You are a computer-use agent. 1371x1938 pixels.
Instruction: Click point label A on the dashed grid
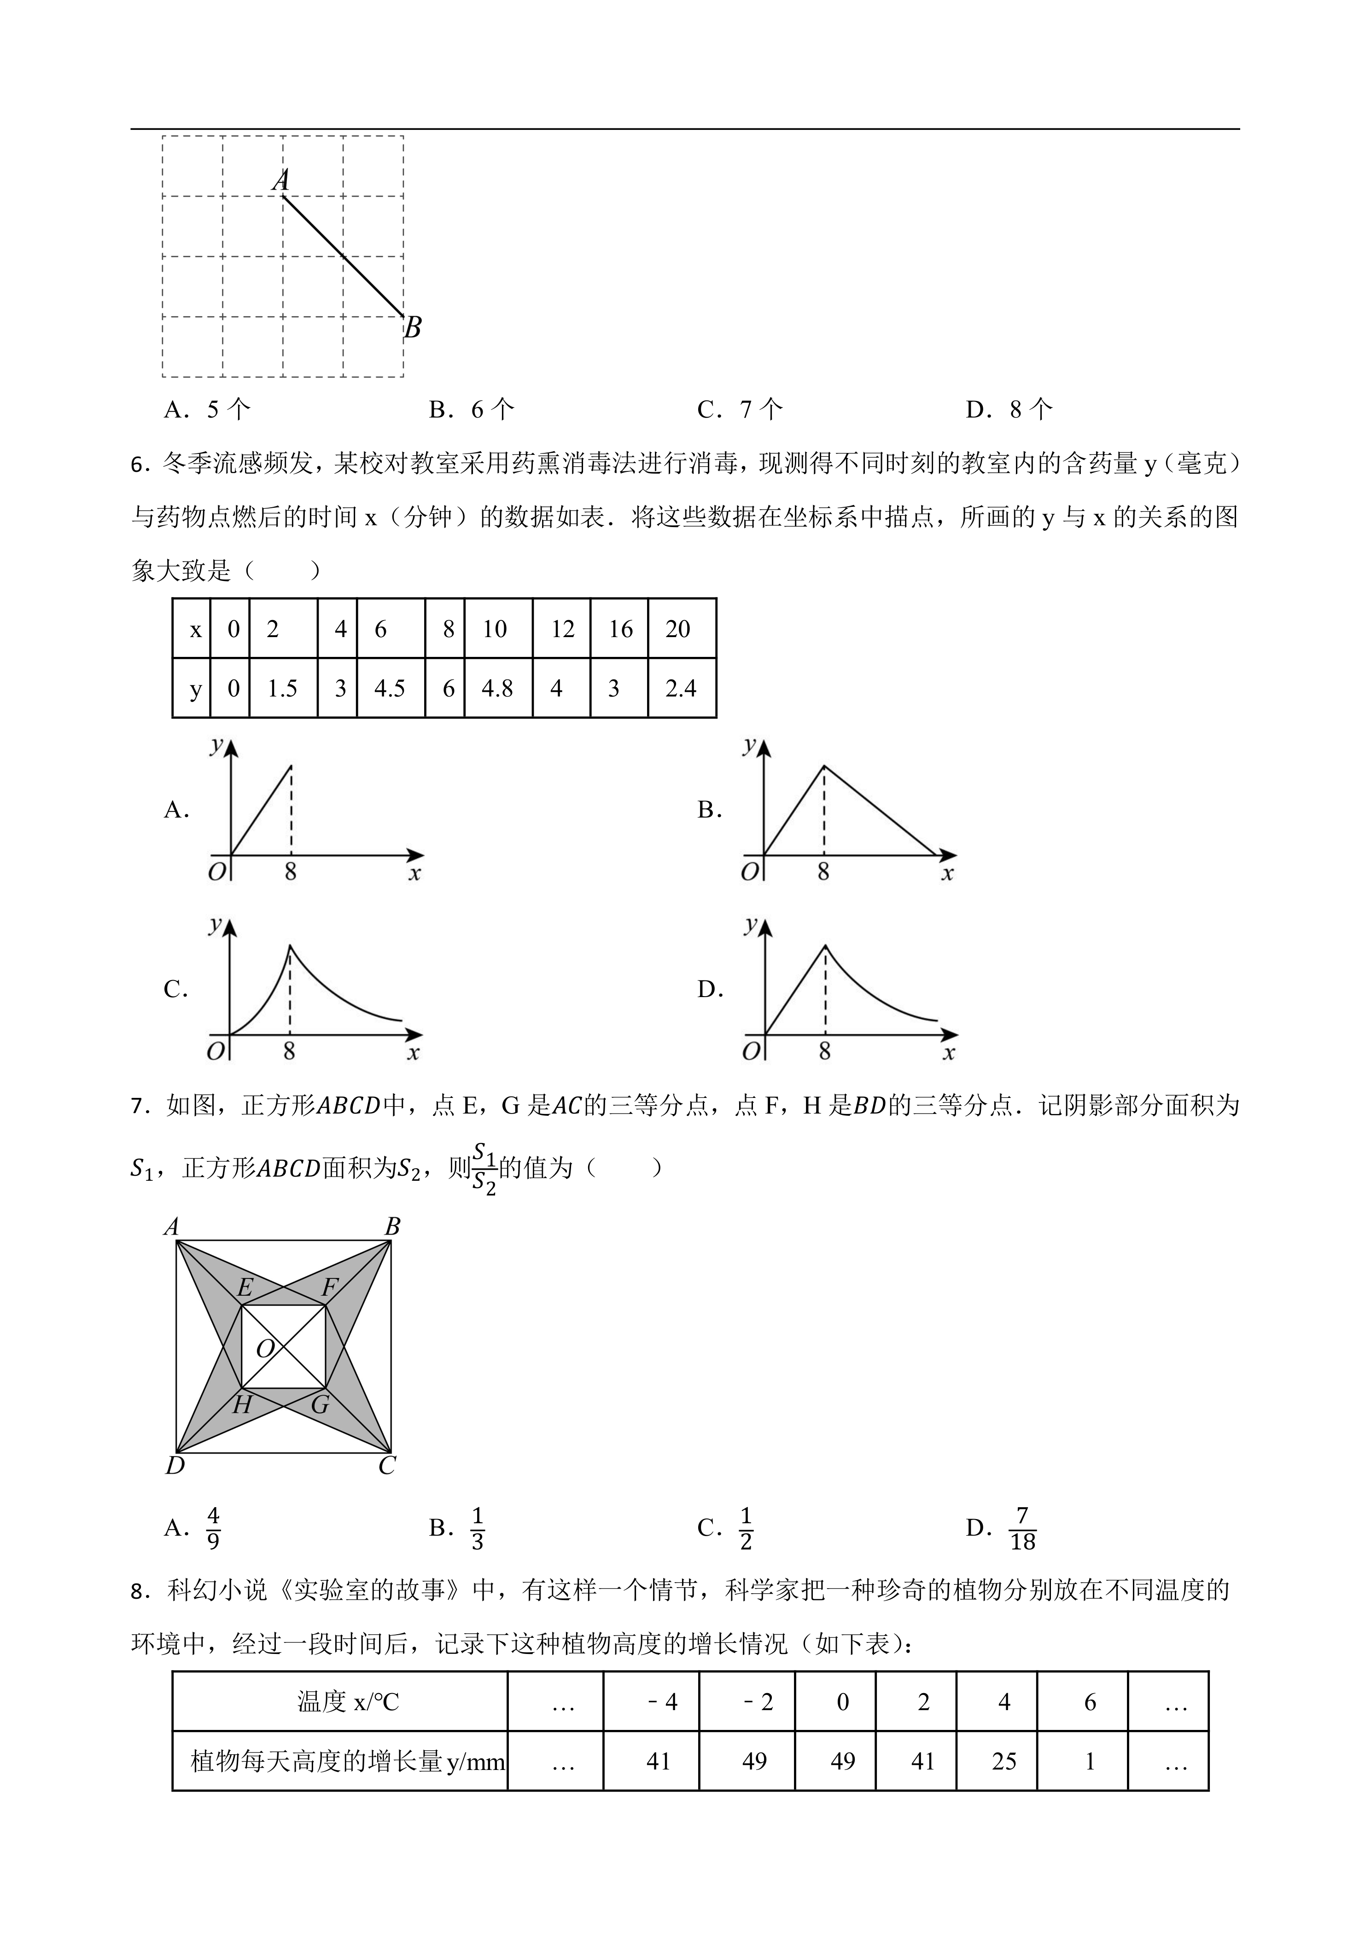281,180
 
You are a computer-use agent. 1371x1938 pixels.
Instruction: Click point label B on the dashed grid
412,327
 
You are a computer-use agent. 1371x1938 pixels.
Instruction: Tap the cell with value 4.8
497,689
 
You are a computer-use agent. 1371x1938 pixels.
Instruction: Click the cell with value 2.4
681,689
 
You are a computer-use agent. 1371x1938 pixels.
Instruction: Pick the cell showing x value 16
620,629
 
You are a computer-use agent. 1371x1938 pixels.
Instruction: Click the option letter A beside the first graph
175,810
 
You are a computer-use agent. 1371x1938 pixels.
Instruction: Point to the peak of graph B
825,766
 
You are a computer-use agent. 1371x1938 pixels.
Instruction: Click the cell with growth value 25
1004,1762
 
